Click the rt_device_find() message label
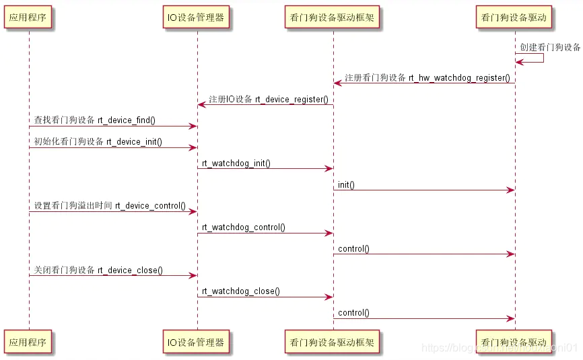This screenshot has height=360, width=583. click(95, 120)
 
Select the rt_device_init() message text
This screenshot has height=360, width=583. click(98, 142)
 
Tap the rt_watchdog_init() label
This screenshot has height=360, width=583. click(236, 164)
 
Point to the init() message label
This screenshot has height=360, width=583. click(346, 184)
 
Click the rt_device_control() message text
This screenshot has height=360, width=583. click(110, 206)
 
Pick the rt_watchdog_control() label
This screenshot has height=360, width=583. click(244, 227)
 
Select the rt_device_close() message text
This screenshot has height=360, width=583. click(98, 271)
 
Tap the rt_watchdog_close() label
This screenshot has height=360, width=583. click(241, 292)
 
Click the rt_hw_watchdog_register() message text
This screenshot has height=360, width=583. click(427, 77)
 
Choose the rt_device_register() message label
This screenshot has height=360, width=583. click(268, 100)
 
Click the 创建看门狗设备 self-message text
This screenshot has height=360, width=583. click(550, 48)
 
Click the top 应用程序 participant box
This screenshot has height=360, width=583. click(29, 17)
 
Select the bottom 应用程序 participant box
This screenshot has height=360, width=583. click(29, 342)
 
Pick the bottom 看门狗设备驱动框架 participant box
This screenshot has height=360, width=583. click(333, 342)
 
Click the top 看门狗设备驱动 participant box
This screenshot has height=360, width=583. click(514, 17)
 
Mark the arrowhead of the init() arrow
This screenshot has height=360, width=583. click(511, 190)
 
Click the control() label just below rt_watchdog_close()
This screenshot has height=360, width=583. click(353, 313)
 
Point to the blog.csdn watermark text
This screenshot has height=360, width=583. click(498, 348)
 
